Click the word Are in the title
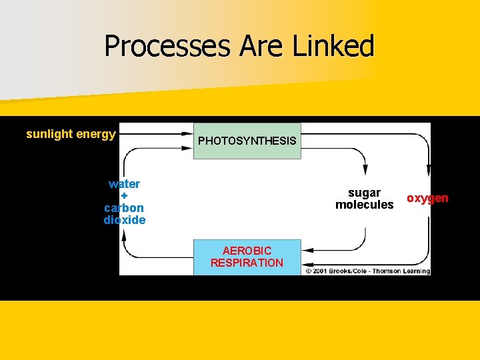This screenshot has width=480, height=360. coord(267,47)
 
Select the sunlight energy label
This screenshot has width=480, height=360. coord(71,134)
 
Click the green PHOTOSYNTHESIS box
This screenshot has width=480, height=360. coord(247,141)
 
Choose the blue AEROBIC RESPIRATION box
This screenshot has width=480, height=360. coord(247,257)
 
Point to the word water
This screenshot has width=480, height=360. coord(125,184)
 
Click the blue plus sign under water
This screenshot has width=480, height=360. coord(125,196)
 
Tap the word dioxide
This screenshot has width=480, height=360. coord(125,220)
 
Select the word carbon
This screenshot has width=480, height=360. coord(125,208)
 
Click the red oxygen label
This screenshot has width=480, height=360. coord(427,199)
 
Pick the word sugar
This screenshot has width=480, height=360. coord(365,193)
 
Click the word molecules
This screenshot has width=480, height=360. coord(365,205)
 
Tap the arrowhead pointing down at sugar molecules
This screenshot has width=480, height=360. coord(364,171)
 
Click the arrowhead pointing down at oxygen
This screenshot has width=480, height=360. coord(428,171)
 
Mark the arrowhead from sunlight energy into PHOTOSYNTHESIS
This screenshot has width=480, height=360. coord(187,134)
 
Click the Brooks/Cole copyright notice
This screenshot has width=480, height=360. coord(367,271)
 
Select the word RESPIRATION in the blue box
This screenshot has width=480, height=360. coord(247,263)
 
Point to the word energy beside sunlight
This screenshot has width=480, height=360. coord(96,134)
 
